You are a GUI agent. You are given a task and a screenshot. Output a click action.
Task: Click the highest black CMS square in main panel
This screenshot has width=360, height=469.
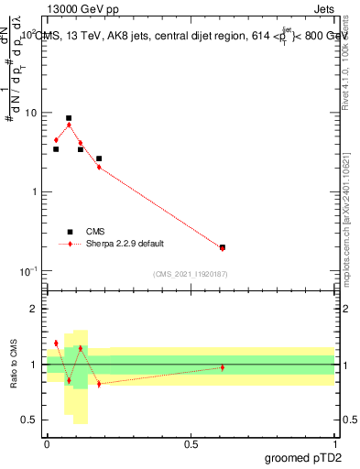[x=69, y=118]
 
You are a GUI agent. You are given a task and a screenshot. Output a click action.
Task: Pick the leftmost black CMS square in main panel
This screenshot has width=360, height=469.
[x=56, y=149]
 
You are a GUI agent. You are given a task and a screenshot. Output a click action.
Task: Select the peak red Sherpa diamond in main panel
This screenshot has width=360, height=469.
[x=69, y=125]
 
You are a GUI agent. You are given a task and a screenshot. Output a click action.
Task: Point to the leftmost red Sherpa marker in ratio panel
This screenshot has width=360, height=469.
[x=56, y=344]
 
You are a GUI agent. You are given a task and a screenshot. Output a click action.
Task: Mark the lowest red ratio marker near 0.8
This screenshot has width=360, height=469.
[x=99, y=384]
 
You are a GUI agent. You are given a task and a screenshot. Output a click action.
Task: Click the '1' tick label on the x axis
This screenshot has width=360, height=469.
[x=334, y=443]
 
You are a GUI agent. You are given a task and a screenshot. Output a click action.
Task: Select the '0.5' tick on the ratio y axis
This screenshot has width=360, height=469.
[x=30, y=420]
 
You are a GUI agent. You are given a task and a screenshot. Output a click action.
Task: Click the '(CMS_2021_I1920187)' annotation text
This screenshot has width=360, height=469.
[x=190, y=274]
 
